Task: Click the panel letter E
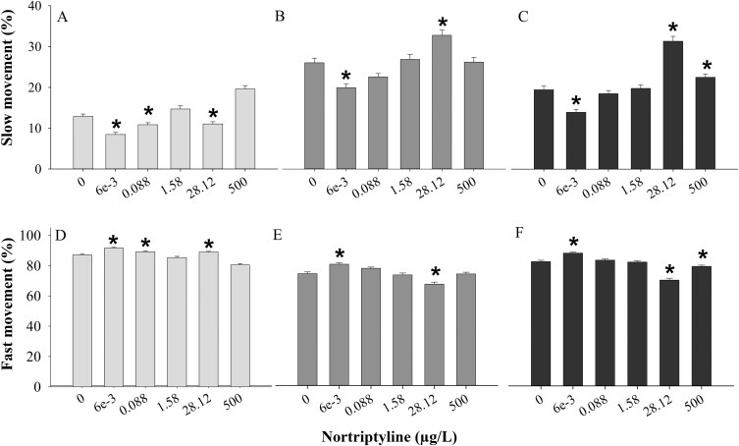[319, 237]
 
